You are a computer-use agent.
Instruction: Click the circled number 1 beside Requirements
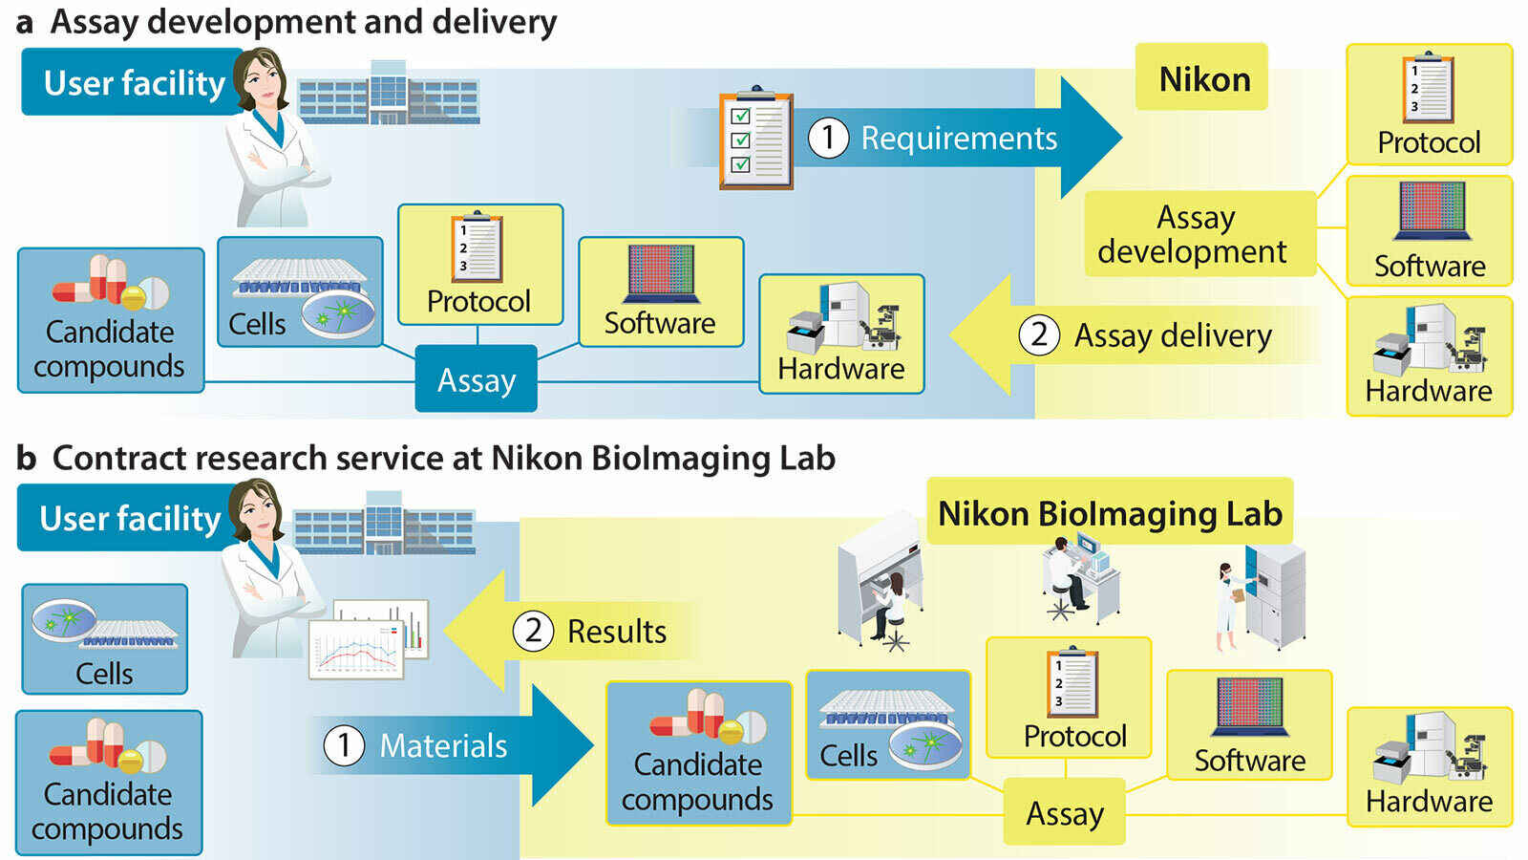coord(828,138)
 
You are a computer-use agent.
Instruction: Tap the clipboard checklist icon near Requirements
coord(755,140)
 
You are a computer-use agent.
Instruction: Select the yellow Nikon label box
coord(1201,78)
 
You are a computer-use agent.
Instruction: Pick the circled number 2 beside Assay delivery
coord(1039,335)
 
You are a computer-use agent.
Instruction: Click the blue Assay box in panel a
coord(476,379)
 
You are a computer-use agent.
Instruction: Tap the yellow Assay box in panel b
coord(1064,813)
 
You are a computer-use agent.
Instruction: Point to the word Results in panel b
coord(617,632)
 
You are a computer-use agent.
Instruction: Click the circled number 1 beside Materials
coord(344,745)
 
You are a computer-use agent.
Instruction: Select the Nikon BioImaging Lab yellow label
coord(1110,513)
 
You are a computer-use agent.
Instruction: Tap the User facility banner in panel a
coord(132,83)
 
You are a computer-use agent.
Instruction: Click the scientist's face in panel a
coord(264,83)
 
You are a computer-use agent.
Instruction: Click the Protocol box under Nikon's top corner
coord(1429,105)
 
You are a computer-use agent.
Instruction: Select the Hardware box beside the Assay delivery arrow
coord(841,334)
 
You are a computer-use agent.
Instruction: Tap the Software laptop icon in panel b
coord(1249,707)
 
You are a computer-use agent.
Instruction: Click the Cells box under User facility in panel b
coord(104,639)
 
